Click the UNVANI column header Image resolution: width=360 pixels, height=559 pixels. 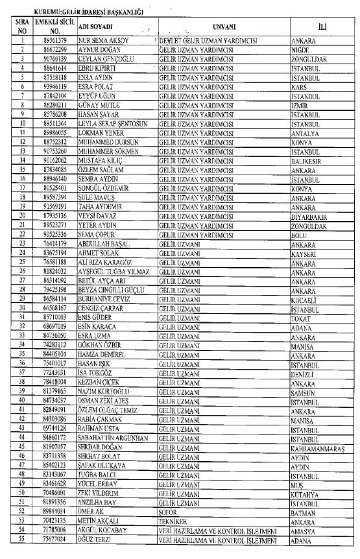[224, 27]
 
